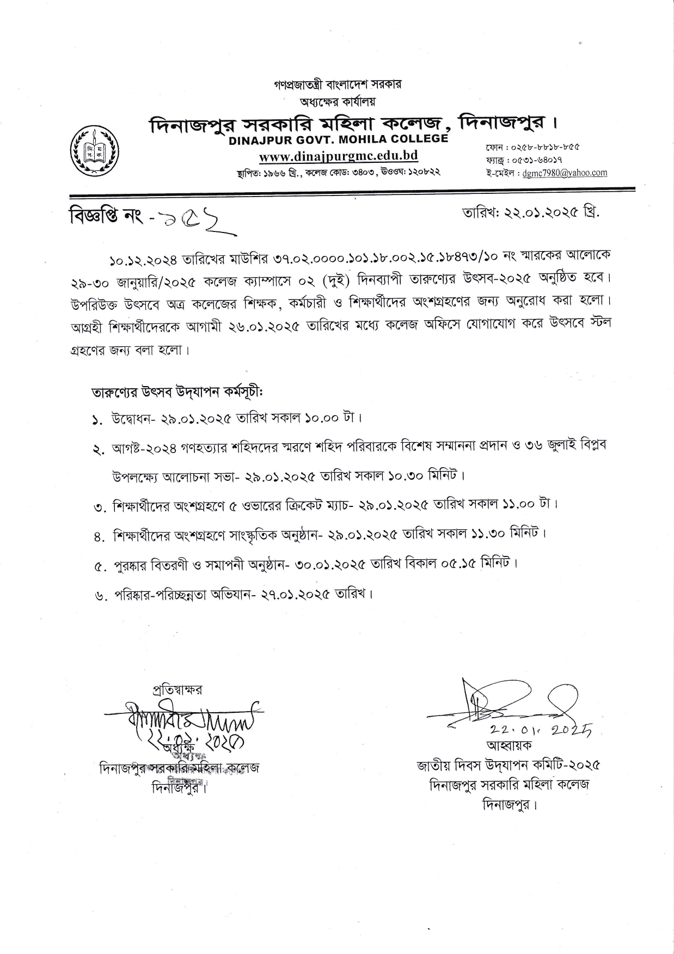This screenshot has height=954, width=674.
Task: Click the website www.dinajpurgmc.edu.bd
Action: click(x=338, y=156)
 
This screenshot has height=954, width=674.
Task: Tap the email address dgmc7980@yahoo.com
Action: click(x=565, y=173)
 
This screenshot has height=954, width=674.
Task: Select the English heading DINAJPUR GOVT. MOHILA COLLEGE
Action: click(x=338, y=139)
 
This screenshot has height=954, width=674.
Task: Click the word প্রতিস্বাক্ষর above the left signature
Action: click(x=177, y=690)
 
